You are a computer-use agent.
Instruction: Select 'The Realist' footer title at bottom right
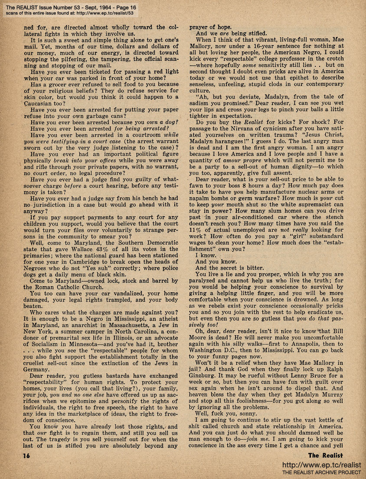326,455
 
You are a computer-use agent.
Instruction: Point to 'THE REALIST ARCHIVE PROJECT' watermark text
321,472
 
